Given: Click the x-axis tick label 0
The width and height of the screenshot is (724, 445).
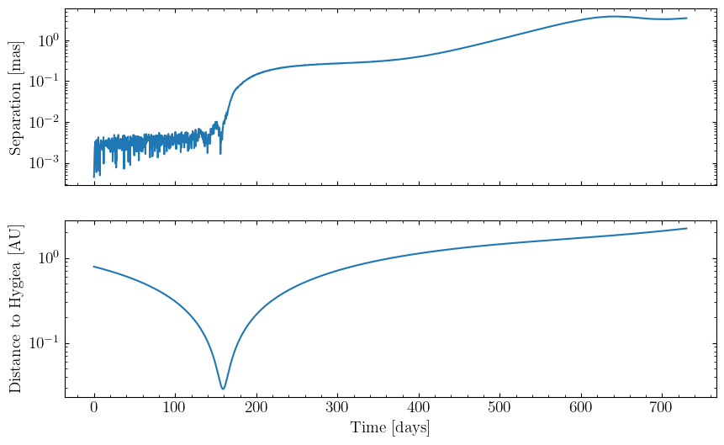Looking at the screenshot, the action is point(94,408).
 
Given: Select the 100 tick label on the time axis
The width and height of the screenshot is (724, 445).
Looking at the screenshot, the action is point(175,408).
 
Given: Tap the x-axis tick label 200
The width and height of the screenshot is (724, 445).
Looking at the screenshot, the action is point(256,408).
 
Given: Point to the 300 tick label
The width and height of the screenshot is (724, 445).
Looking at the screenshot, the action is point(337,408).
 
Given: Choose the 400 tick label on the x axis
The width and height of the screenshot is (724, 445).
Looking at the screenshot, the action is point(419,408).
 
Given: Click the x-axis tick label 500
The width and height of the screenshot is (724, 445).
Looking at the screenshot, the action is point(499,408).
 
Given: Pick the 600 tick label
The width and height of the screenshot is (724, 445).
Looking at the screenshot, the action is point(581,408).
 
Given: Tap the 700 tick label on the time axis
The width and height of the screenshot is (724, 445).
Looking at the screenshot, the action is point(662,408).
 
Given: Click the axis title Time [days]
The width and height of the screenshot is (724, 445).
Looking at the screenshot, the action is point(390,427).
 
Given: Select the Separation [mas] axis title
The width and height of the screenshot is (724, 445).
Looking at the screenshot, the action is point(15,98).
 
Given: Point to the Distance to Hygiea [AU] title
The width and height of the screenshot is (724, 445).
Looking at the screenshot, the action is point(15,309).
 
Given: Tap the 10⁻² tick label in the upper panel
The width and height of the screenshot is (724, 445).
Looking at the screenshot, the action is point(44,121).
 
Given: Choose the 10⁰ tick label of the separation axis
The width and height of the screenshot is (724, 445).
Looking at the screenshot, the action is point(49,40).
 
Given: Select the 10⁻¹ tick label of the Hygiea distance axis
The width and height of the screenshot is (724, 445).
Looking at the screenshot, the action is point(44,342).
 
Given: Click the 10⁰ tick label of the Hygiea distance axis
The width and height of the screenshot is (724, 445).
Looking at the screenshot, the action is point(49,257).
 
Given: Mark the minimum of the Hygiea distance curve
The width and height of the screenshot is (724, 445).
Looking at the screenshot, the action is point(223,389).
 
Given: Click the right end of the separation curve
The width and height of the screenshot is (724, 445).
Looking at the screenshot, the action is point(687,18).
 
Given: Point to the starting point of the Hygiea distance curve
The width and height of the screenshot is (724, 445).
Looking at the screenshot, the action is point(94,267).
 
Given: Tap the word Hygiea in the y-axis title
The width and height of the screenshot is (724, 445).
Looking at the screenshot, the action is point(15,289).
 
